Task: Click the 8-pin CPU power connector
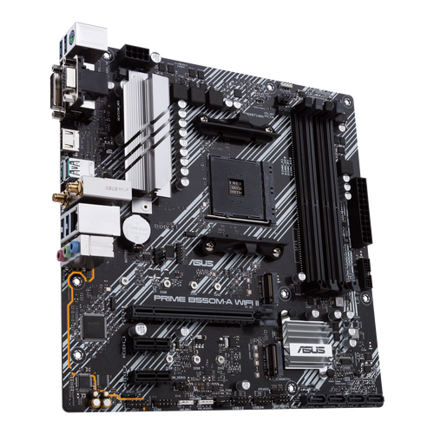pos(134,53)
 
